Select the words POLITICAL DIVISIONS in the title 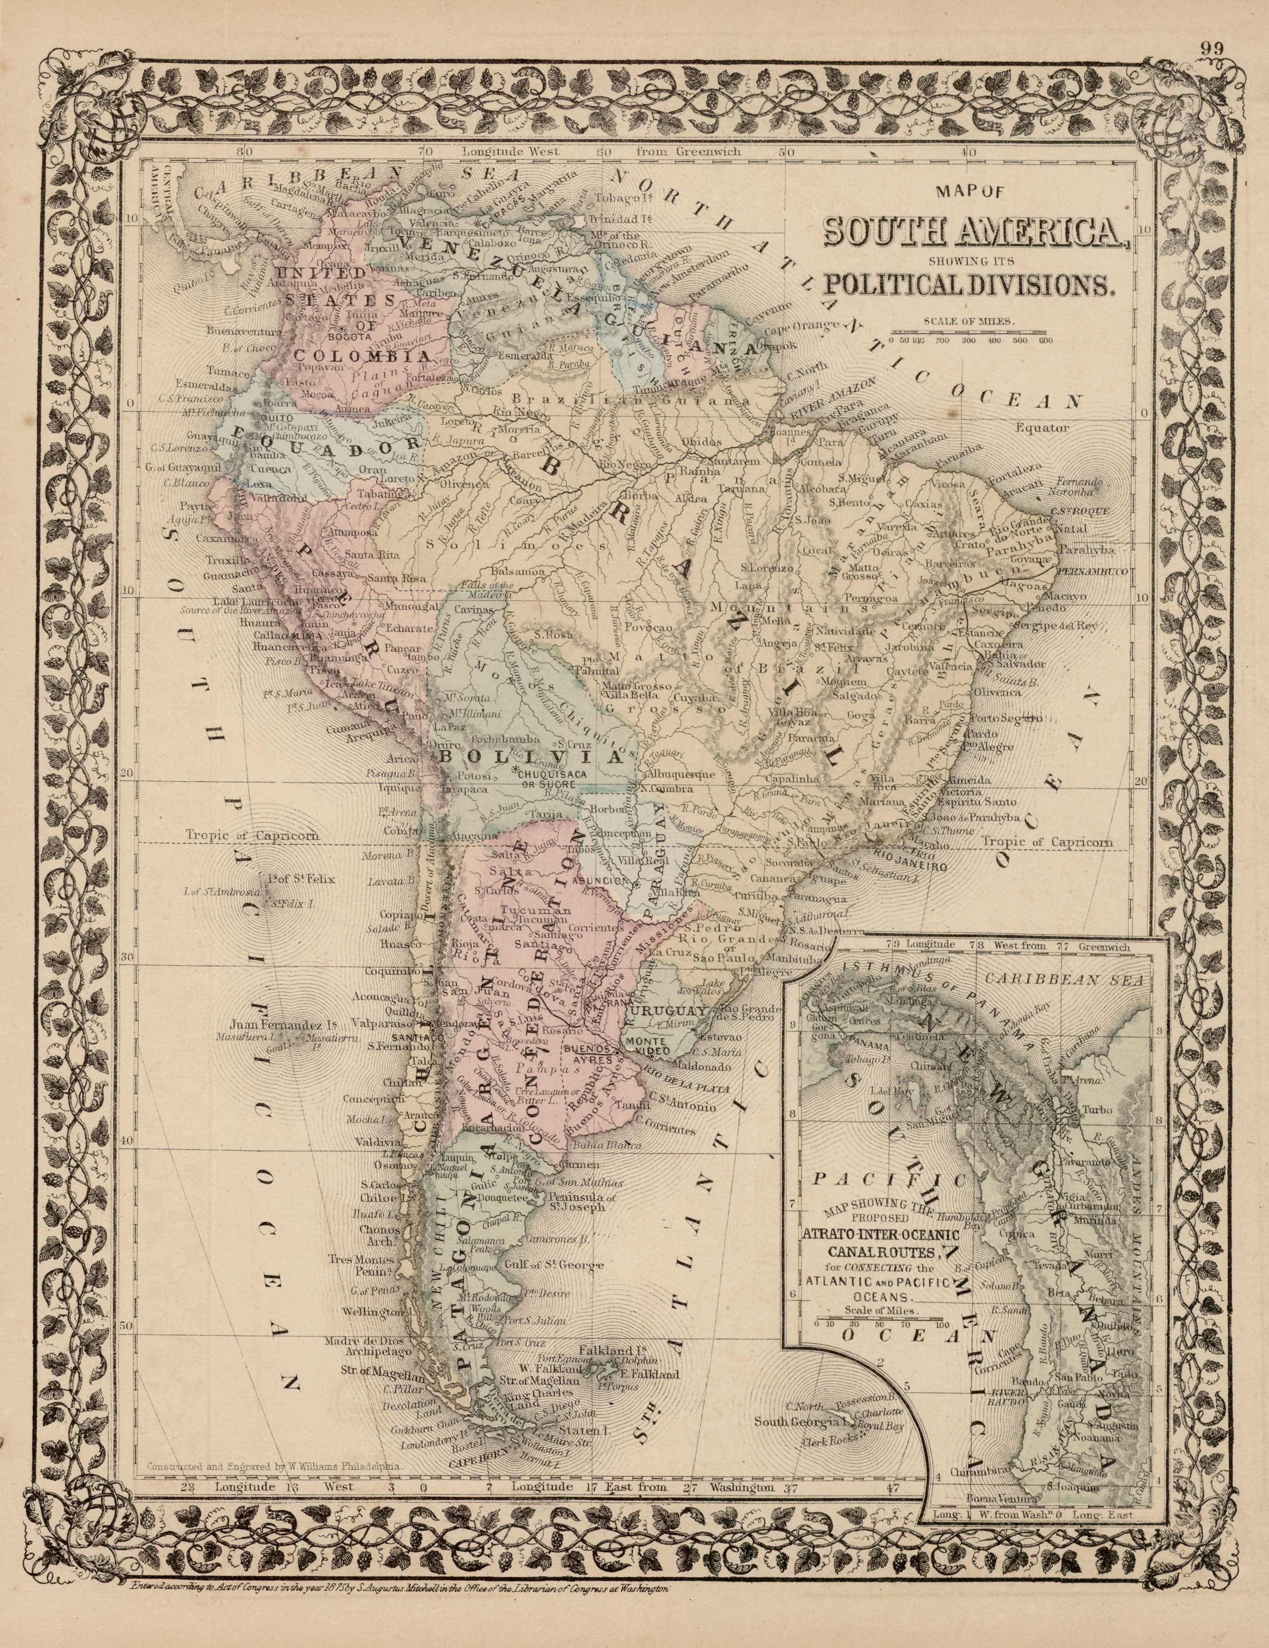(x=970, y=284)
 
